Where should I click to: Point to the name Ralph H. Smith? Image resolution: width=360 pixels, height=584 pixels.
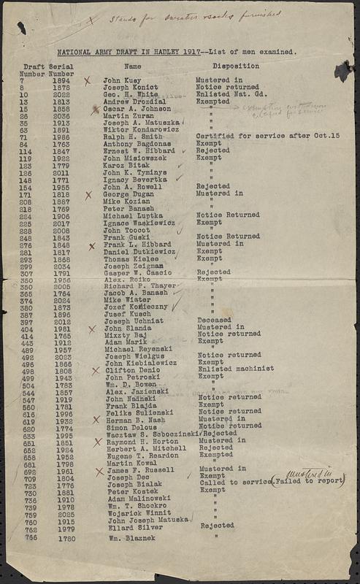(x=131, y=136)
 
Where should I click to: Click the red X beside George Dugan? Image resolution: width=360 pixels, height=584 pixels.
(x=88, y=196)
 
